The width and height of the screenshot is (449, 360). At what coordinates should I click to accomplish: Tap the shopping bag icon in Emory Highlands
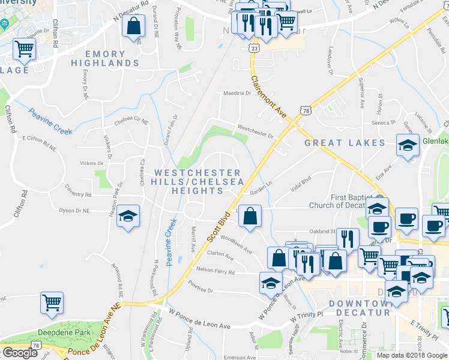click(x=133, y=26)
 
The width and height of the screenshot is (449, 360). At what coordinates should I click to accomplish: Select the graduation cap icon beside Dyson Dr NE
click(x=128, y=217)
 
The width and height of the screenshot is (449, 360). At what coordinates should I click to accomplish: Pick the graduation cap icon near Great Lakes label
click(x=408, y=146)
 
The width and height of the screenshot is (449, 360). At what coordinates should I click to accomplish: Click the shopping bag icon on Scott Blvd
click(x=250, y=216)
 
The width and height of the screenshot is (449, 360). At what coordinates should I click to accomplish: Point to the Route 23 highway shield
click(x=255, y=47)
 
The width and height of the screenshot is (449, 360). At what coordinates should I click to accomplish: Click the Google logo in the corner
click(x=20, y=353)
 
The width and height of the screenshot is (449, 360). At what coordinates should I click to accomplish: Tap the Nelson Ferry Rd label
click(x=215, y=272)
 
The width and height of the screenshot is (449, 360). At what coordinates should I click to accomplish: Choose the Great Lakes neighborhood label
click(x=344, y=143)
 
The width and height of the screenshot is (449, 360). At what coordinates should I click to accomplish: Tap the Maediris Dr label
click(x=236, y=93)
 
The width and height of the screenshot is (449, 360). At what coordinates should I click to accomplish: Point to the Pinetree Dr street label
click(x=200, y=286)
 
